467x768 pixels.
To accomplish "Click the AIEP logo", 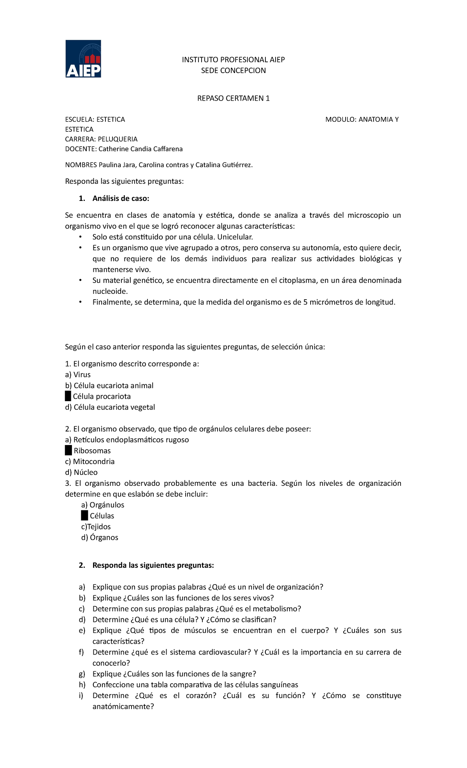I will pyautogui.click(x=83, y=59).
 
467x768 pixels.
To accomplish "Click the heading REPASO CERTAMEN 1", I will pyautogui.click(x=233, y=98).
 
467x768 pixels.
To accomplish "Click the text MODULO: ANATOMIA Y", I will pyautogui.click(x=362, y=119).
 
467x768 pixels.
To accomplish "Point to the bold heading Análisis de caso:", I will pyautogui.click(x=121, y=199).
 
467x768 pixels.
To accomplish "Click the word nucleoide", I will pyautogui.click(x=110, y=291).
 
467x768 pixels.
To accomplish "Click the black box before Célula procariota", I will pyautogui.click(x=68, y=396).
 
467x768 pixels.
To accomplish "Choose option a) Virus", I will pyautogui.click(x=78, y=375).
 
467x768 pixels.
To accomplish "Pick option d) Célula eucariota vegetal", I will pyautogui.click(x=110, y=407).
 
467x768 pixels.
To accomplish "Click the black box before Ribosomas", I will pyautogui.click(x=68, y=451).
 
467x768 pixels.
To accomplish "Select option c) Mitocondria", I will pyautogui.click(x=90, y=462).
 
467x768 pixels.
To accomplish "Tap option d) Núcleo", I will pyautogui.click(x=81, y=473).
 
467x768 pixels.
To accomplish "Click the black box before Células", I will pyautogui.click(x=84, y=516).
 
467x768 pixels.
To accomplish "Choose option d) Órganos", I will pyautogui.click(x=100, y=538).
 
